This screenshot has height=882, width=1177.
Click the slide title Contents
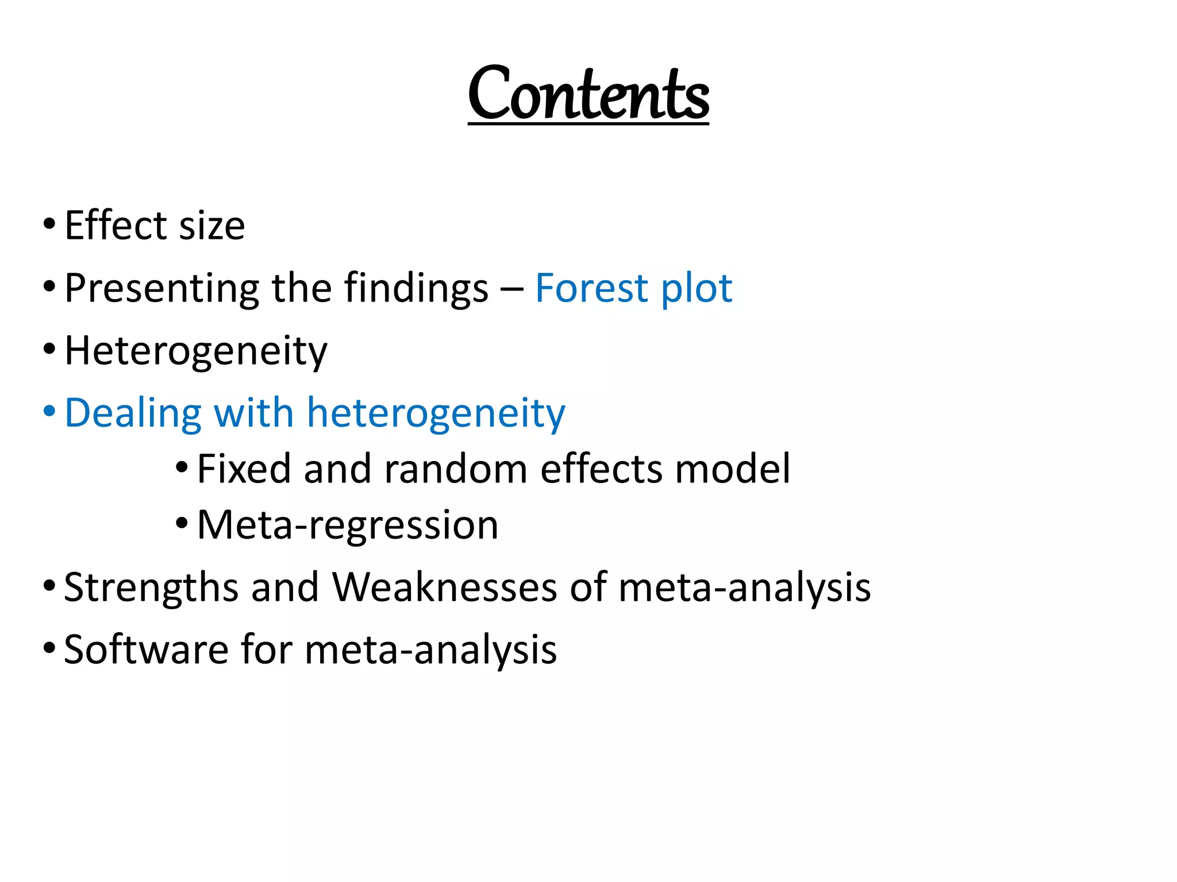click(588, 94)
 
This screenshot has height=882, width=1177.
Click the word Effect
click(115, 225)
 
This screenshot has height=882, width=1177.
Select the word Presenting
click(161, 288)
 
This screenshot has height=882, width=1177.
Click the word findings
click(416, 288)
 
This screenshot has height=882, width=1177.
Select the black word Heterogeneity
click(196, 351)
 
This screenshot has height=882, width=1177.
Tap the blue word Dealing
click(133, 413)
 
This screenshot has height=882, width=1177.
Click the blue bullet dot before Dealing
click(49, 411)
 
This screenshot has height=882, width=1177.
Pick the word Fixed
click(244, 469)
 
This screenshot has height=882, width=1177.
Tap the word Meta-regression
click(348, 525)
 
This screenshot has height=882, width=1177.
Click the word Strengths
click(151, 587)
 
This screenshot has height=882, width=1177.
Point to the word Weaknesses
click(445, 587)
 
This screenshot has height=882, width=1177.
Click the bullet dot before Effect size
click(49, 222)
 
